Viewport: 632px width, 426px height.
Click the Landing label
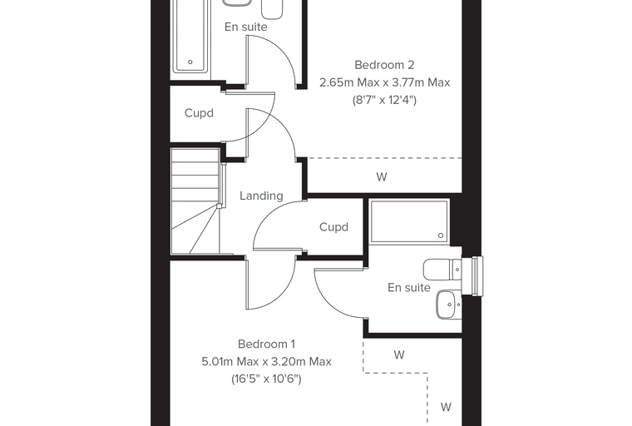261,196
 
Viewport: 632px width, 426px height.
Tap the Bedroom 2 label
384,65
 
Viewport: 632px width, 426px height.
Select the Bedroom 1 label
266,344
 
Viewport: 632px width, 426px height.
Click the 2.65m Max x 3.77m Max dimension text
384,82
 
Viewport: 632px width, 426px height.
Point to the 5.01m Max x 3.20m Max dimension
266,361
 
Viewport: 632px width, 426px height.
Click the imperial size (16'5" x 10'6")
266,379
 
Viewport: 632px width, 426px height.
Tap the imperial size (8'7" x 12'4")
384,100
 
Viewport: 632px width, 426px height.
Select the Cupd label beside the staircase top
199,113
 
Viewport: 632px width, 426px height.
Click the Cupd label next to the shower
333,227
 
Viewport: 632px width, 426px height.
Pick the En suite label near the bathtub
246,27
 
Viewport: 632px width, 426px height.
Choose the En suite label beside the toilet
409,288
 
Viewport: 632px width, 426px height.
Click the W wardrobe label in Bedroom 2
382,176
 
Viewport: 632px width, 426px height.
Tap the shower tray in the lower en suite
409,221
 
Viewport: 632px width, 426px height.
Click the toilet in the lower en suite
442,269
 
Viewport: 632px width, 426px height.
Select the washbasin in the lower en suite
448,305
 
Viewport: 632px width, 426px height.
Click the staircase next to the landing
197,201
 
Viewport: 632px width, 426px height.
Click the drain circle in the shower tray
441,235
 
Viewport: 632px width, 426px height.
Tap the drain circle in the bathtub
190,62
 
